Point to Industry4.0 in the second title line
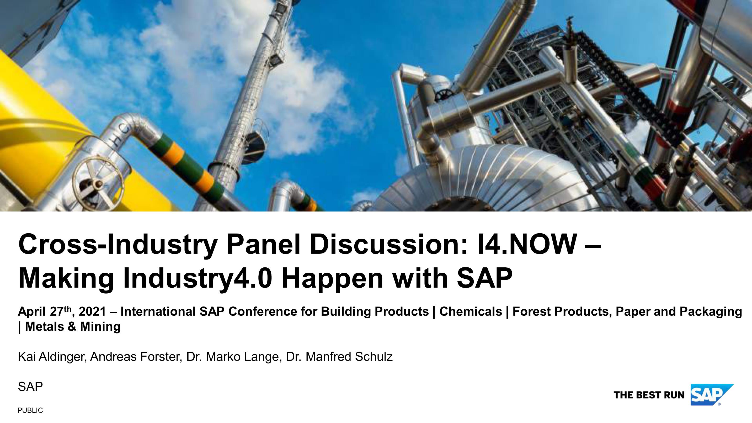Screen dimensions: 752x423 (198, 278)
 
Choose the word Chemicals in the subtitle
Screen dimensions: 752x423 (471, 311)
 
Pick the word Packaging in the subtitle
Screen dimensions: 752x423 (711, 312)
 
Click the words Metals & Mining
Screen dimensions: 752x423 (73, 327)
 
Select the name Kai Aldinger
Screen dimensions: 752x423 (51, 357)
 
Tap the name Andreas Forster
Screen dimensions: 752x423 (136, 357)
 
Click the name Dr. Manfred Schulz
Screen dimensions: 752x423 (339, 357)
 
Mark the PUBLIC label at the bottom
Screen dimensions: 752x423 (30, 410)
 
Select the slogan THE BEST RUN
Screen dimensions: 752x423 (649, 395)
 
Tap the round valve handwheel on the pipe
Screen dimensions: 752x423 (98, 184)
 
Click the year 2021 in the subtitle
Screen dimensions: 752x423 (92, 312)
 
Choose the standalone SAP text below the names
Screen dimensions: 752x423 (30, 387)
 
